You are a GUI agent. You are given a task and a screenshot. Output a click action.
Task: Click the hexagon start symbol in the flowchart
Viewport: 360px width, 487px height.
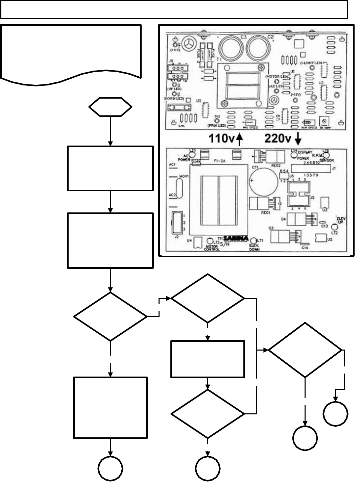coord(110,107)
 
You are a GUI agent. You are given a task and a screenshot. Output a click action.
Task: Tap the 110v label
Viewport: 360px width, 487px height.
coord(222,139)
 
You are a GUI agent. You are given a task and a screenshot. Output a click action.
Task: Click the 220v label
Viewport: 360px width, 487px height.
coord(278,138)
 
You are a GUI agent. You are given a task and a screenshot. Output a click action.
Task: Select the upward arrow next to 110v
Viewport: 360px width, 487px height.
coord(239,139)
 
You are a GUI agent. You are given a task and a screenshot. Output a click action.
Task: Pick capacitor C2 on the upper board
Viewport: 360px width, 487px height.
coord(260,47)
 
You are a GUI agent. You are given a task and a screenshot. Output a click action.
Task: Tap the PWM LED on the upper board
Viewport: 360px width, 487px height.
coord(217,121)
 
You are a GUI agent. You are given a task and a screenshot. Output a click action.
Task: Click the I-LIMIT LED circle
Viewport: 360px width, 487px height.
coord(312,67)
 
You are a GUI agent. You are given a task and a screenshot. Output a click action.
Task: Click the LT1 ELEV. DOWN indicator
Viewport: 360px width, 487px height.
coord(256,240)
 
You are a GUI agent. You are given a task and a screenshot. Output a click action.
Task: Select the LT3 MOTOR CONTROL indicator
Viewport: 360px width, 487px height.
coord(210,241)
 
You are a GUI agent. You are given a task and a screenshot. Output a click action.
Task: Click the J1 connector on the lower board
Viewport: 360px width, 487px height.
coord(310,168)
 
